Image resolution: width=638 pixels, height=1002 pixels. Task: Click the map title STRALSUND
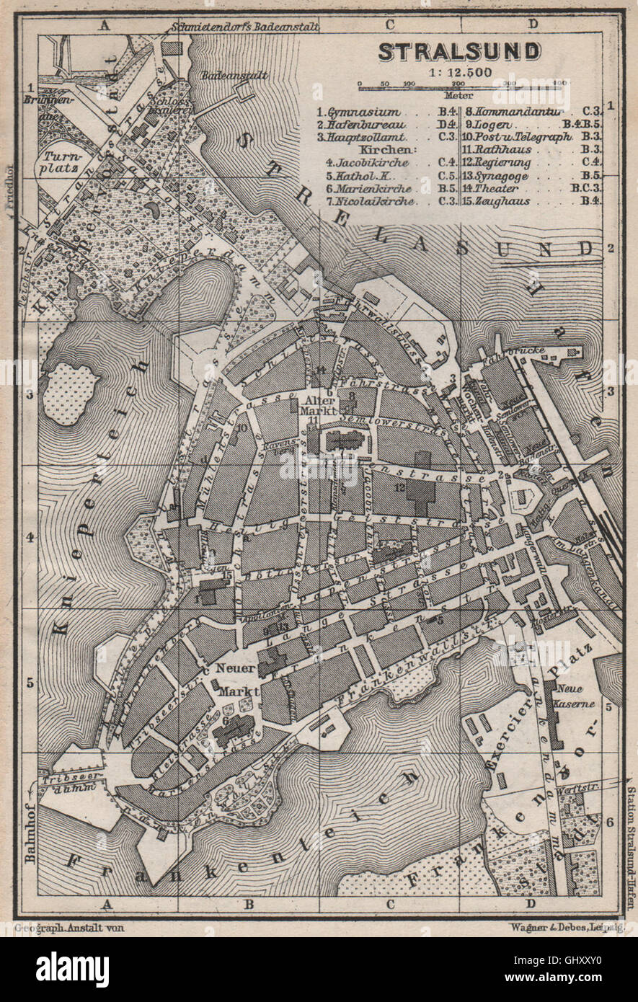[x=458, y=51]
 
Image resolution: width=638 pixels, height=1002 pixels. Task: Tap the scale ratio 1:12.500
[x=458, y=72]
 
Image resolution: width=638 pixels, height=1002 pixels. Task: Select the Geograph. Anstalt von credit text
[x=68, y=928]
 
